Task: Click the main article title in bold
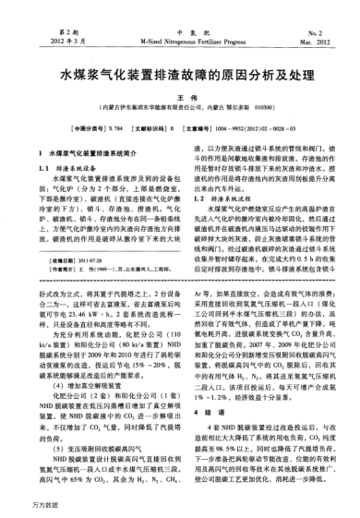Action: [179, 69]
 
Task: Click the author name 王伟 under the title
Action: [180, 96]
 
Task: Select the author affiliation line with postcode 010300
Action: [180, 107]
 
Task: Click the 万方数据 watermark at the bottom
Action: [21, 507]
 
